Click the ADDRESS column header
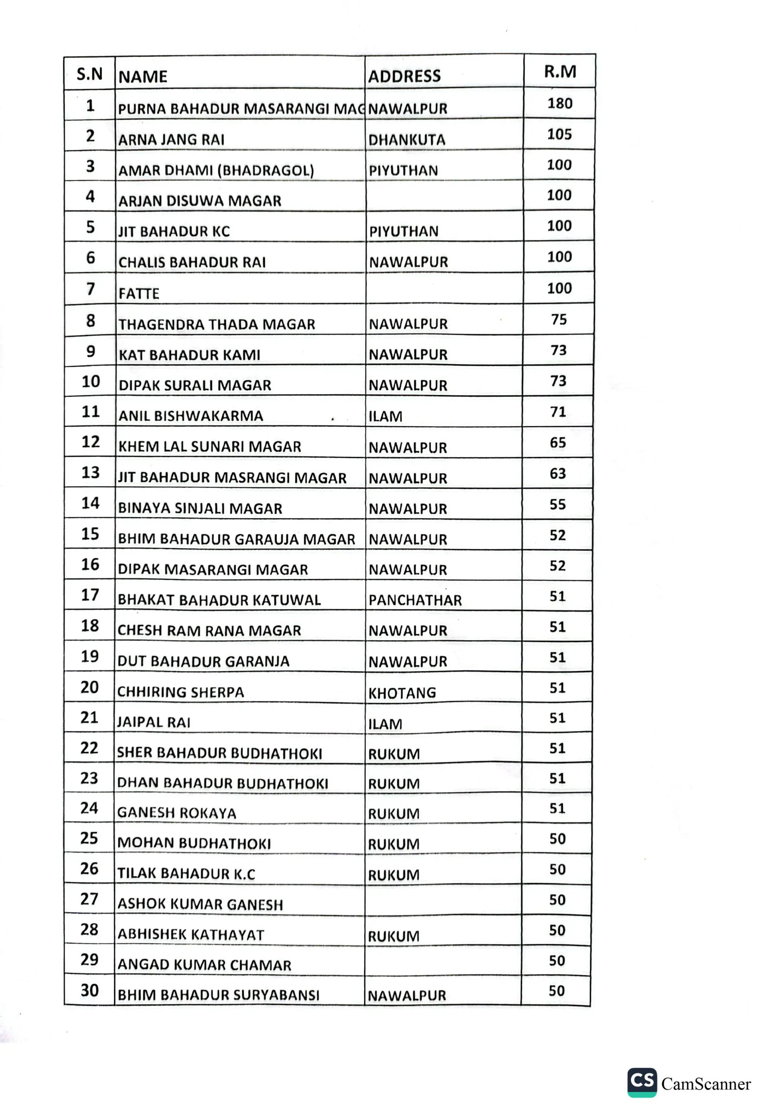pos(404,76)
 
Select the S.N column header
pos(90,74)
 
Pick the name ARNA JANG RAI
pos(172,140)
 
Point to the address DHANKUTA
pos(407,140)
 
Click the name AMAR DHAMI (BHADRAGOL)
pos(216,170)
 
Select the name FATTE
pos(139,294)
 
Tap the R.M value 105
pos(559,134)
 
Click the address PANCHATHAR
pos(415,600)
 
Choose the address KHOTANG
pos(402,693)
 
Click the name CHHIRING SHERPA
pos(181,692)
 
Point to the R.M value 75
pos(559,319)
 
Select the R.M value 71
pos(558,411)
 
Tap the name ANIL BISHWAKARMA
pos(191,416)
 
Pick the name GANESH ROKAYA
pos(177,813)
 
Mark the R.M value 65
pos(558,442)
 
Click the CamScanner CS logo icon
pos(642,1082)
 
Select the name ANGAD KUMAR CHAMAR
pos(205,965)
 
